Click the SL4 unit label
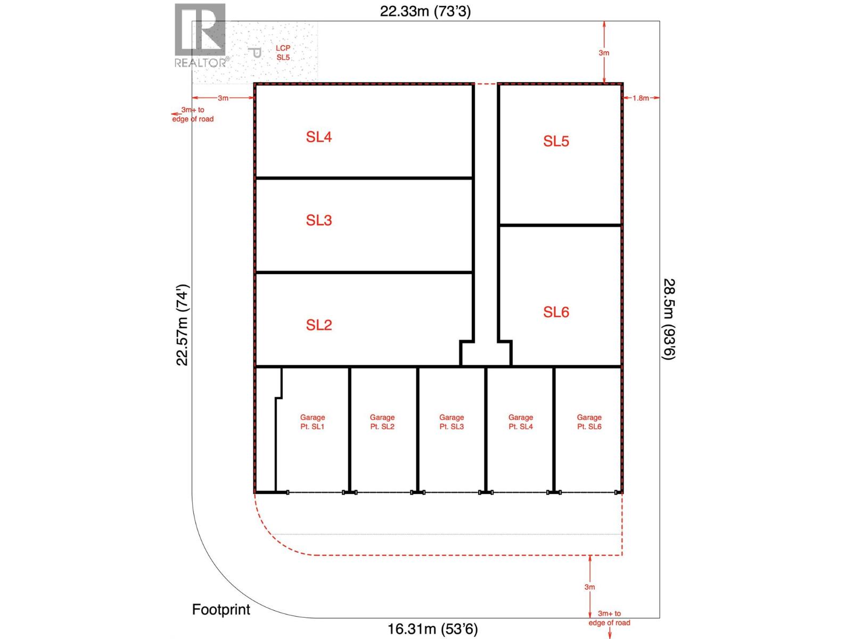point(318,137)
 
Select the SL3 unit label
point(318,220)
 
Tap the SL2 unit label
point(318,325)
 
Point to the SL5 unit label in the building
point(556,141)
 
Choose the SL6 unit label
point(556,312)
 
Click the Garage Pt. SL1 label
point(312,422)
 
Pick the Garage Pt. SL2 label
point(382,422)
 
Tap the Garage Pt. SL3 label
point(452,422)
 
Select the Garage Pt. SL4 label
point(520,422)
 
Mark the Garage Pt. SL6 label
point(589,422)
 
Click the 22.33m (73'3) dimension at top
point(425,11)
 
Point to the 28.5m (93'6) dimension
point(669,319)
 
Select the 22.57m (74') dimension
point(183,325)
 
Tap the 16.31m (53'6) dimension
point(432,629)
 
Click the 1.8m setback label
point(641,98)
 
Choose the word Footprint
point(221,609)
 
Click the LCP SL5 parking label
point(283,53)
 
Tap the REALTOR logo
point(201,36)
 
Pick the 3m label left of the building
point(223,98)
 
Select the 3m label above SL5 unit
point(604,53)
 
